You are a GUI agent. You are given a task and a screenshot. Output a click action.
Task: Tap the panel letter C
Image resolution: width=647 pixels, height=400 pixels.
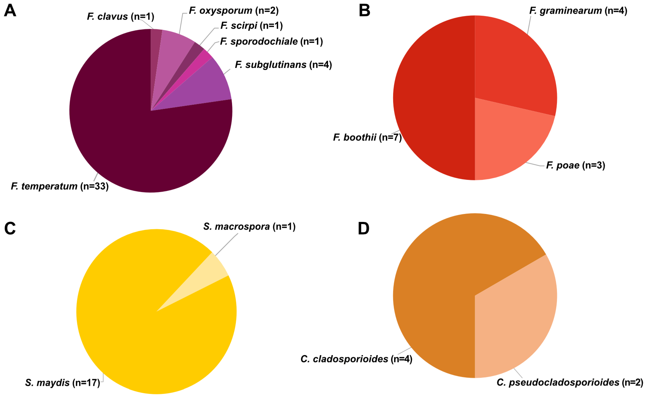[10, 228]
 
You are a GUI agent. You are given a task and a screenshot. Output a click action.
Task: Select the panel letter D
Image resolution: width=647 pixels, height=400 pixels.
[364, 228]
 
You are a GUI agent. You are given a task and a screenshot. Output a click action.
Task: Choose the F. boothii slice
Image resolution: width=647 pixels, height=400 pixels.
[434, 98]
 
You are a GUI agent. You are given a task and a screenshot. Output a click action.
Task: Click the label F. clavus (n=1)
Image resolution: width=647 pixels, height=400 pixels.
[121, 16]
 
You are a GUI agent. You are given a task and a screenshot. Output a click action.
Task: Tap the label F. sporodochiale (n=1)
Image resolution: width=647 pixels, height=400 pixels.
[271, 42]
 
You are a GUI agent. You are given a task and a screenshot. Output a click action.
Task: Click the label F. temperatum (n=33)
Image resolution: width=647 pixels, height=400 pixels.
[60, 186]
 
